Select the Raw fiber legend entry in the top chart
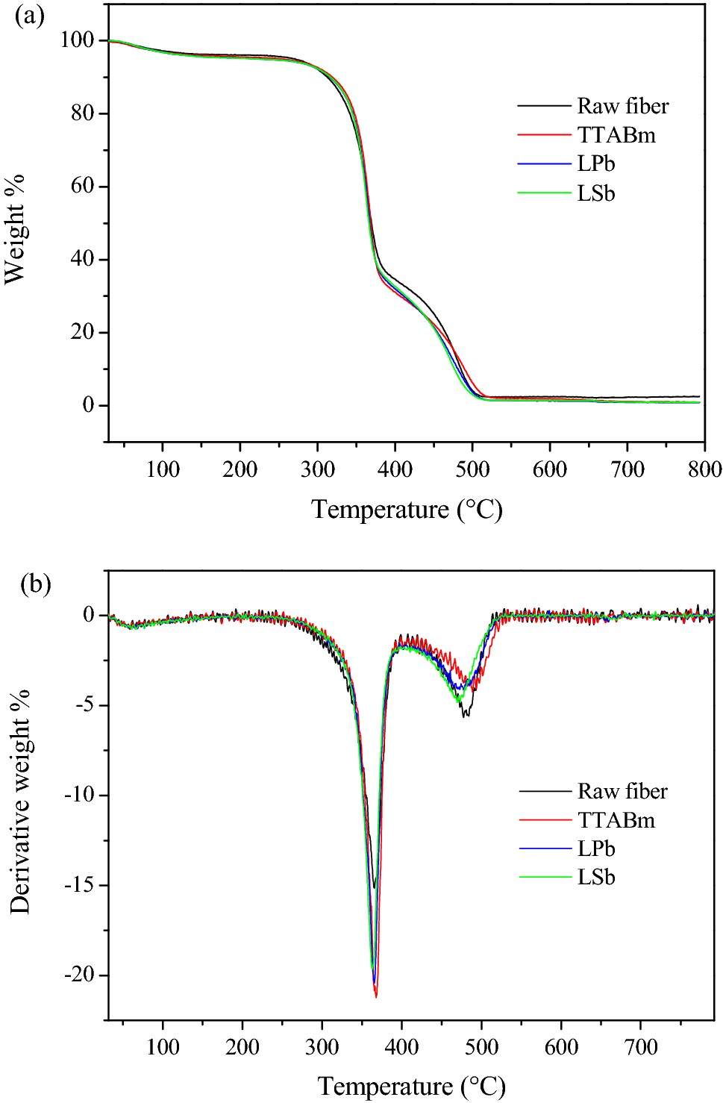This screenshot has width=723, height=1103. coord(622,106)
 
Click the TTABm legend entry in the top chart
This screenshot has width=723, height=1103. coord(616,135)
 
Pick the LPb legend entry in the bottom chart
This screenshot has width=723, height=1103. coord(595,849)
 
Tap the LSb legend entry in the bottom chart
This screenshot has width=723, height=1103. coord(595,877)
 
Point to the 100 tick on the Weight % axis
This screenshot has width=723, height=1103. coord(77,40)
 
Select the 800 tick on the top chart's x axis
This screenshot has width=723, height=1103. coord(704,469)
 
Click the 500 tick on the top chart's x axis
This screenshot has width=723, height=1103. coord(472,469)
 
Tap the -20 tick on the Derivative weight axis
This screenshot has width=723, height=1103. coord(79,975)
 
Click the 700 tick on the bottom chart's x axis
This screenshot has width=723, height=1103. coord(641,1046)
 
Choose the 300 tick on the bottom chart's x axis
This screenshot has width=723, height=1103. coord(322,1046)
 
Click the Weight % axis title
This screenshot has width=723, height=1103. coord(15,229)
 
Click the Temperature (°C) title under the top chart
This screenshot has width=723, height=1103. coord(407,509)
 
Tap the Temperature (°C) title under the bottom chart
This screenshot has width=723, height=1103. coord(411,1086)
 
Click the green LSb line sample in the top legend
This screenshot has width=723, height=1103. coord(544,193)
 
